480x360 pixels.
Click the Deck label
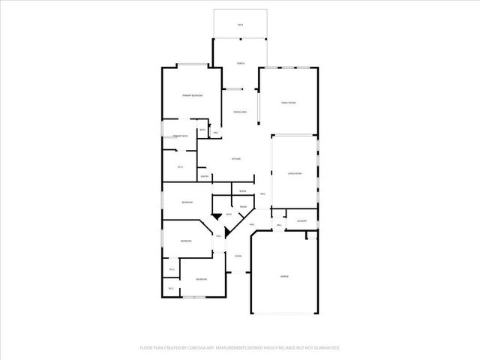pyautogui.click(x=240, y=25)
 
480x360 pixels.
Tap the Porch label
pyautogui.click(x=240, y=63)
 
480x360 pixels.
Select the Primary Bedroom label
pyautogui.click(x=193, y=96)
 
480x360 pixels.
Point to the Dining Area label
pyautogui.click(x=240, y=112)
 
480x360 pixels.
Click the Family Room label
pyautogui.click(x=289, y=102)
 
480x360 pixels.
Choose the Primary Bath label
pyautogui.click(x=180, y=136)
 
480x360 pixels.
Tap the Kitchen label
pyautogui.click(x=235, y=159)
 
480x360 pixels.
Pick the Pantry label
pyautogui.click(x=204, y=177)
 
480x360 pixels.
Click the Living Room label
pyautogui.click(x=294, y=173)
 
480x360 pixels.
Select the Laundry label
pyautogui.click(x=302, y=221)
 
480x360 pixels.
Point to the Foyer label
pyautogui.click(x=238, y=256)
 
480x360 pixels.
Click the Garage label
pyautogui.click(x=285, y=277)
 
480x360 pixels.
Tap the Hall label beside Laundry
pyautogui.click(x=278, y=225)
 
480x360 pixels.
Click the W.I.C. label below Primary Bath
pyautogui.click(x=180, y=166)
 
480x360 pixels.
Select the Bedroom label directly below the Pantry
pyautogui.click(x=187, y=202)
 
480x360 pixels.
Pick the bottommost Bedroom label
pyautogui.click(x=201, y=280)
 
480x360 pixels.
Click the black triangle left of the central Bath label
pyautogui.click(x=217, y=216)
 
